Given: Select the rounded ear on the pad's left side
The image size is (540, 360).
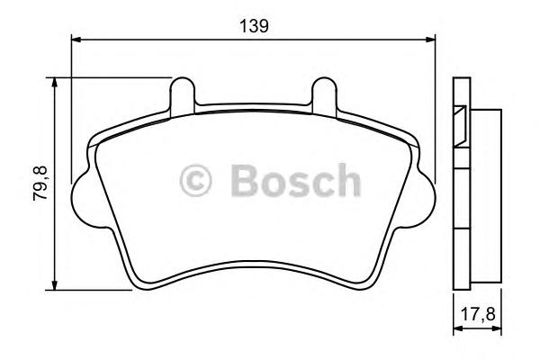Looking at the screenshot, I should coord(80,193).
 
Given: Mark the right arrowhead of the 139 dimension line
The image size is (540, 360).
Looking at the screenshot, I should coord(430,40).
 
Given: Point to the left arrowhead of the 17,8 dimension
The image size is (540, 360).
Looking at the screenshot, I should coord(455,330).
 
